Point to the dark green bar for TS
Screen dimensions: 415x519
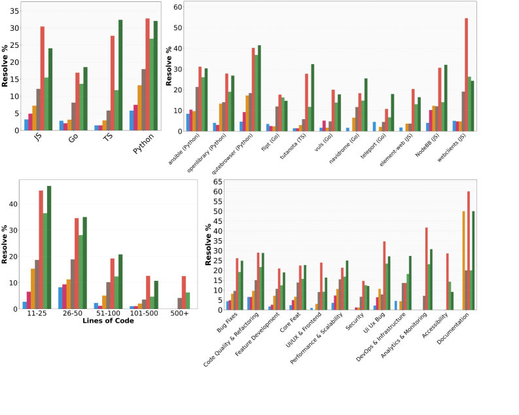pyautogui.click(x=120, y=75)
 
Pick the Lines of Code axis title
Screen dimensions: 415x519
pyautogui.click(x=108, y=321)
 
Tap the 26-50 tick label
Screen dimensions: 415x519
pyautogui.click(x=71, y=314)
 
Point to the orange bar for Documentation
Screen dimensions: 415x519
pyautogui.click(x=463, y=260)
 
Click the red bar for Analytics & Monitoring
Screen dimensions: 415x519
pyautogui.click(x=427, y=268)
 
